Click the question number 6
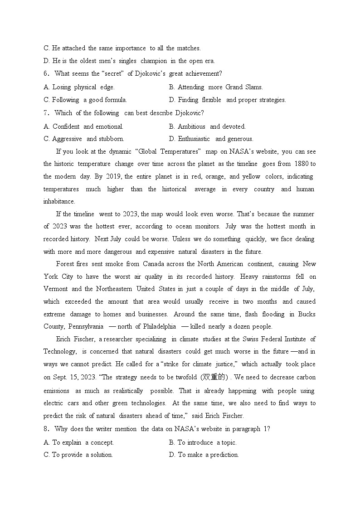[46, 74]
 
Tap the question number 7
[46, 113]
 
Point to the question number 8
[46, 429]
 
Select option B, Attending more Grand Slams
[216, 87]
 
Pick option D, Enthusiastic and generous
[211, 139]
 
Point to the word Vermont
[56, 289]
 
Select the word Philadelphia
[160, 327]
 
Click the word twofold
[185, 378]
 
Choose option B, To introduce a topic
[203, 443]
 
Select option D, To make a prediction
[204, 455]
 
